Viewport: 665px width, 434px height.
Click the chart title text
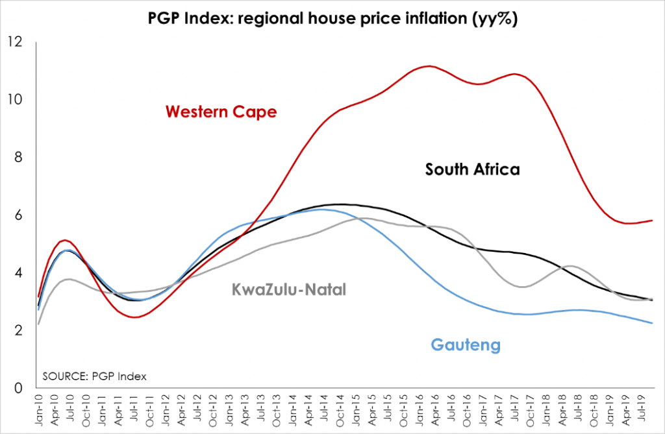click(332, 20)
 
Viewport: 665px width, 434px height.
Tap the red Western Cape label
click(221, 112)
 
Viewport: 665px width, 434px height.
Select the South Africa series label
click(472, 170)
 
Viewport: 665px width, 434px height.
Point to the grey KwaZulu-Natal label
click(289, 289)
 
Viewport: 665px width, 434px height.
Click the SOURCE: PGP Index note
click(94, 376)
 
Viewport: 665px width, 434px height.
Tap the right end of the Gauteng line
click(651, 323)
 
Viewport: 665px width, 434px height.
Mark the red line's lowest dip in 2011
click(134, 317)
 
